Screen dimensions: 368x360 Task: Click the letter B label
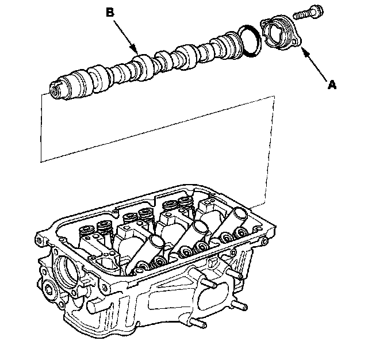(x=110, y=13)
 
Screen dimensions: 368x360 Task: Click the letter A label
(x=332, y=85)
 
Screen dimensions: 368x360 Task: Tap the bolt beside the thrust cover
(x=308, y=12)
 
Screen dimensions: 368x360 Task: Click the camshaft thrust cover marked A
(x=281, y=32)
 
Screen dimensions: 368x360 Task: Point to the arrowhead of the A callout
(x=304, y=50)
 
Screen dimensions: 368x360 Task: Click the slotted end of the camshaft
(x=56, y=90)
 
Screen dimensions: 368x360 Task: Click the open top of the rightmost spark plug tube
(x=239, y=214)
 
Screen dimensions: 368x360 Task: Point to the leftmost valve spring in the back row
(x=86, y=231)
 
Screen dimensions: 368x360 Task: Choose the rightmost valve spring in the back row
(x=186, y=202)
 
